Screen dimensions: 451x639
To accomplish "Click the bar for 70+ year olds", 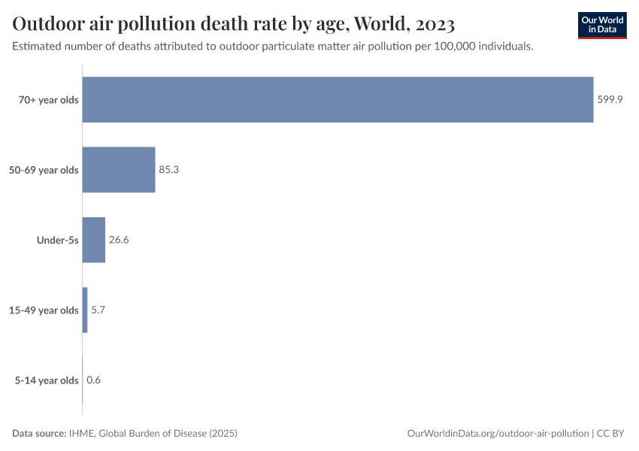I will [338, 100].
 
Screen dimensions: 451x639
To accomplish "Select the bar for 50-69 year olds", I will [119, 170].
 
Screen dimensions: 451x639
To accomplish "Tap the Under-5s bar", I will [93, 240].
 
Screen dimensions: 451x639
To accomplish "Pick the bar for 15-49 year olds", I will [85, 310].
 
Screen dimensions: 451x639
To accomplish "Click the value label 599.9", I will [610, 100].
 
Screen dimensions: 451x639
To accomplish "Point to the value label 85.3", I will [168, 170].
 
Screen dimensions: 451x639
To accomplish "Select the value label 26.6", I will [119, 240].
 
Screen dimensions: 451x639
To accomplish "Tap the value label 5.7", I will [98, 310].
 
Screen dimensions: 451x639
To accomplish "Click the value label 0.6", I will [93, 380].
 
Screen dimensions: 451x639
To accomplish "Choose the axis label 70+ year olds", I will [48, 100].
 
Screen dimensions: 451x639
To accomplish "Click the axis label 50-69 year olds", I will [44, 170].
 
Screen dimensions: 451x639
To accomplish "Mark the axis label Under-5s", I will [58, 240].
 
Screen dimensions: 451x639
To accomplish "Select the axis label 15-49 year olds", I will [44, 310].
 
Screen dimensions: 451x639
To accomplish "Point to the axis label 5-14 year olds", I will [47, 380].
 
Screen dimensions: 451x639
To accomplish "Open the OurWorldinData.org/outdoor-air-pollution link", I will [498, 434].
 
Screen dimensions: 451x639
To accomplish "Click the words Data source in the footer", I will [38, 434].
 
